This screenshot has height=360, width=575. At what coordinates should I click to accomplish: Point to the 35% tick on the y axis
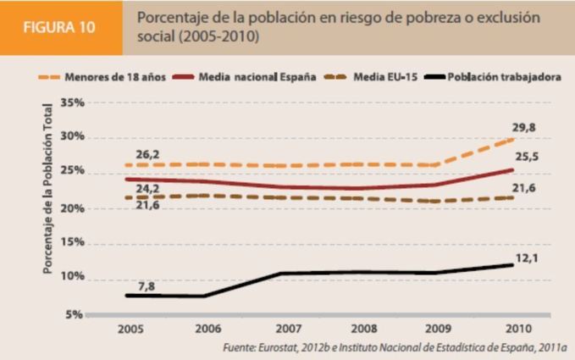point(72,102)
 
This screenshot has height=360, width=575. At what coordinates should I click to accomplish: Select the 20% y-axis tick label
point(72,208)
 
